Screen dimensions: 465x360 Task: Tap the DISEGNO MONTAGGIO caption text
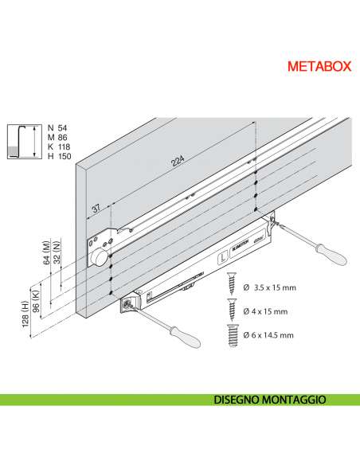(270, 400)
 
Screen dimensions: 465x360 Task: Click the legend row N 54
(57, 127)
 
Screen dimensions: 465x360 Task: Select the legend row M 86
(58, 137)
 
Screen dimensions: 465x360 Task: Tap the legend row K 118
(59, 147)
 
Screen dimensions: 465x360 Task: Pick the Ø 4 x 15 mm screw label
(265, 311)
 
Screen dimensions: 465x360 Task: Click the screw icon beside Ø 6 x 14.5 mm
(234, 334)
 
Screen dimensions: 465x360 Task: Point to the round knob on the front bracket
(98, 258)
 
